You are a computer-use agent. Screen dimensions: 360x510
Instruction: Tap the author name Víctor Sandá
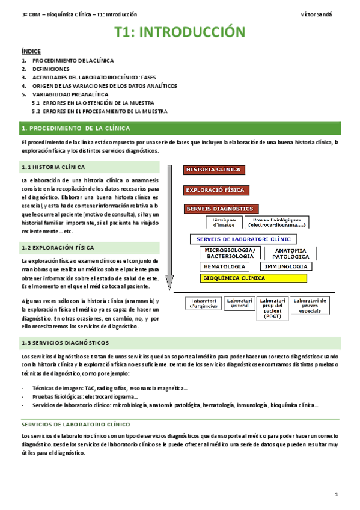pyautogui.click(x=320, y=13)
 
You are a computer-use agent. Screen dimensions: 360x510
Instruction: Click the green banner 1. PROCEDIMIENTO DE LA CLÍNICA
pyautogui.click(x=75, y=128)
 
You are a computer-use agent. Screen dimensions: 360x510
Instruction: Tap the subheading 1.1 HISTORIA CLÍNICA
pyautogui.click(x=53, y=167)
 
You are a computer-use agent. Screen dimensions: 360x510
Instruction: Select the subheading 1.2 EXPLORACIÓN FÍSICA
pyautogui.click(x=57, y=247)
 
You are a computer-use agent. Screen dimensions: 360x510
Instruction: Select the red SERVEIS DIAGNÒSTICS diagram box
pyautogui.click(x=221, y=209)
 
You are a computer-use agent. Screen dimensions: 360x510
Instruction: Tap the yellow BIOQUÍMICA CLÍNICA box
pyautogui.click(x=234, y=278)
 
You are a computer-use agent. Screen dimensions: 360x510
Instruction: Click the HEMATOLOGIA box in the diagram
pyautogui.click(x=224, y=266)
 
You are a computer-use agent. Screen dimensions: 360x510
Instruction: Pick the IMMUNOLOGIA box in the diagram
pyautogui.click(x=287, y=266)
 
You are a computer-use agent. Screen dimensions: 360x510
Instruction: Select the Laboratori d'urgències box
pyautogui.click(x=204, y=303)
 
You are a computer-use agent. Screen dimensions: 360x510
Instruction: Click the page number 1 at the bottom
pyautogui.click(x=337, y=494)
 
